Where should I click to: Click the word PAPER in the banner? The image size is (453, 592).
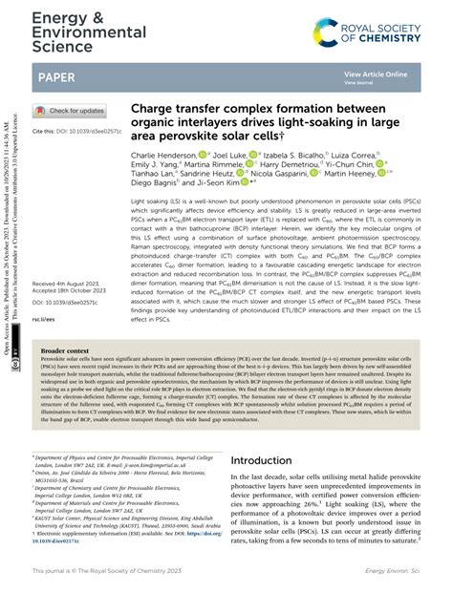(58, 75)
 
